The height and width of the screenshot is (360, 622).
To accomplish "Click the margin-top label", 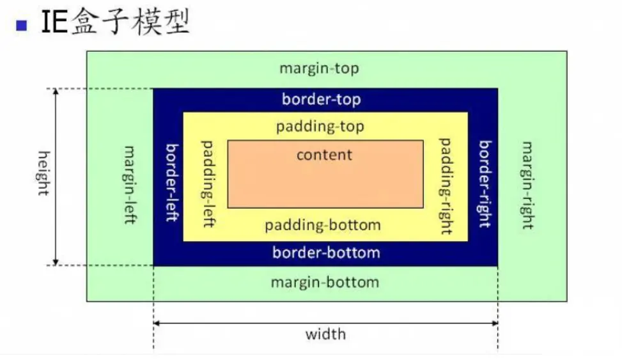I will tap(319, 68).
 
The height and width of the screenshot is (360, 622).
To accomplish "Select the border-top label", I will tap(321, 100).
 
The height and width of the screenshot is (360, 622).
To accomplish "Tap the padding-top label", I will tap(320, 127).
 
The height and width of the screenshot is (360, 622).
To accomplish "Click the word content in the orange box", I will tap(324, 155).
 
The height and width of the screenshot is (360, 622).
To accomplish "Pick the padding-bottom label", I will tap(323, 225).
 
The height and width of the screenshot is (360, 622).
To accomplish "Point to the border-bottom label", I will tap(326, 253).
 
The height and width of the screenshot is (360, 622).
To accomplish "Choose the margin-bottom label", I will tap(325, 282).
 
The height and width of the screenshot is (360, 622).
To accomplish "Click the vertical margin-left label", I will tap(129, 185).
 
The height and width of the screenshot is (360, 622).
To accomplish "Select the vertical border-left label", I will tap(171, 182).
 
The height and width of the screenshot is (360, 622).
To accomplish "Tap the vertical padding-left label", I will tap(207, 184).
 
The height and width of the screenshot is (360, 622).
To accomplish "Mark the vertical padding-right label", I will tap(446, 185).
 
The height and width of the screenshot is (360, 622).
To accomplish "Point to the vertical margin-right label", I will tap(527, 185).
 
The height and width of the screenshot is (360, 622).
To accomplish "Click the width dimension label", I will tap(325, 334).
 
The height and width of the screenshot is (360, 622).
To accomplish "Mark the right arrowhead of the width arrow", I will tap(494, 324).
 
